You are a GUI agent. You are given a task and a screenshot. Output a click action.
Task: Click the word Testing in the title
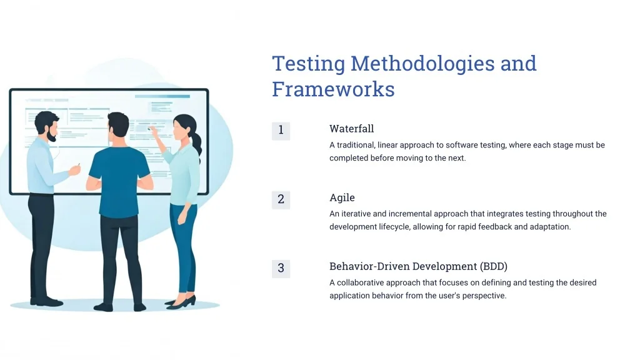tap(309, 65)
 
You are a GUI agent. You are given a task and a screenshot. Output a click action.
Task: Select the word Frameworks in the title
tap(334, 89)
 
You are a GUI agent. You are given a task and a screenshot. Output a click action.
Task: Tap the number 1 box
tap(281, 131)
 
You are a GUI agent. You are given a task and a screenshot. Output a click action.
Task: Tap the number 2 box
tap(281, 200)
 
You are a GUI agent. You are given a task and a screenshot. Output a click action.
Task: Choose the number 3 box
tap(281, 269)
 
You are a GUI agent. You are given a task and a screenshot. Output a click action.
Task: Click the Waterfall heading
tap(351, 129)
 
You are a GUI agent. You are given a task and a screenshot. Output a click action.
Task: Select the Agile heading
tap(342, 198)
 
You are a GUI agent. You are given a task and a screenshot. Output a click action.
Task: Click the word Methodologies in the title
tap(422, 64)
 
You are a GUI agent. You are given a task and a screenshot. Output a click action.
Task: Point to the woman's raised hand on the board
tap(153, 131)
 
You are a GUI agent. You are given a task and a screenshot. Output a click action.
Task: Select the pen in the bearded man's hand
tap(78, 165)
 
